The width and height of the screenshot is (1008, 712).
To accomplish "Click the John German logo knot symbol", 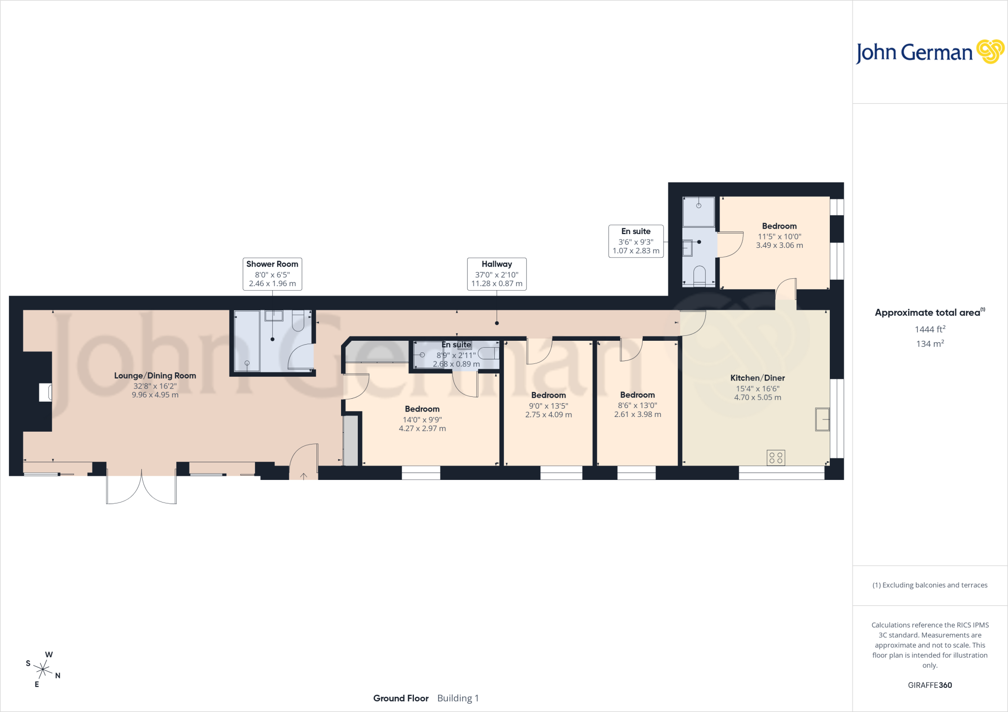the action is (x=990, y=52).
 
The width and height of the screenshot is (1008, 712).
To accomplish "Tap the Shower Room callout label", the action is (x=272, y=274).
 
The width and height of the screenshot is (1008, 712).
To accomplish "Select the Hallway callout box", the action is (x=497, y=274).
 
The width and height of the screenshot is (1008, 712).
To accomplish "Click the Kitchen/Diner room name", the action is (x=757, y=378).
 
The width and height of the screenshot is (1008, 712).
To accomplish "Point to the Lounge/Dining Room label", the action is (x=155, y=376).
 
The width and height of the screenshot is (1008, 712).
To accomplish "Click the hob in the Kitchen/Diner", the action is (x=776, y=458).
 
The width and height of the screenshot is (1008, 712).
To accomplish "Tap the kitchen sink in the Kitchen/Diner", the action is (x=822, y=419).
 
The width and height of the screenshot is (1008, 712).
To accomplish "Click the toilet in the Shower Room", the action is (x=298, y=321).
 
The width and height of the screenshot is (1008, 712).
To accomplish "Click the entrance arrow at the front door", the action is (x=304, y=476).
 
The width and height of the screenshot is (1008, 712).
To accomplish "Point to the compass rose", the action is (x=43, y=669).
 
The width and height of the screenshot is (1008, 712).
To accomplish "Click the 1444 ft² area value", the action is (x=930, y=329).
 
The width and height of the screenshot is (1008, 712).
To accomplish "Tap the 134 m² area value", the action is (x=930, y=344).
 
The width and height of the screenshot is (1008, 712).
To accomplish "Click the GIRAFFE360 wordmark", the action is (x=930, y=685).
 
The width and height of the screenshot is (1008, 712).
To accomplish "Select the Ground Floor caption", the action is (x=401, y=698).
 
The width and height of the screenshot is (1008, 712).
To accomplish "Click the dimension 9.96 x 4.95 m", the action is (x=155, y=395).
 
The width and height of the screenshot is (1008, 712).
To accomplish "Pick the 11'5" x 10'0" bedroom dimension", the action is (x=779, y=237).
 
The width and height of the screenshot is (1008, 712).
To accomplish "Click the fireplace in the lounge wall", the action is (x=46, y=392).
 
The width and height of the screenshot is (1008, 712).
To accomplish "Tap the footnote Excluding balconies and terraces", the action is (x=930, y=585).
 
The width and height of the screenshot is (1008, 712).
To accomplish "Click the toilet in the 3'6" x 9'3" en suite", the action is (x=699, y=276).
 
